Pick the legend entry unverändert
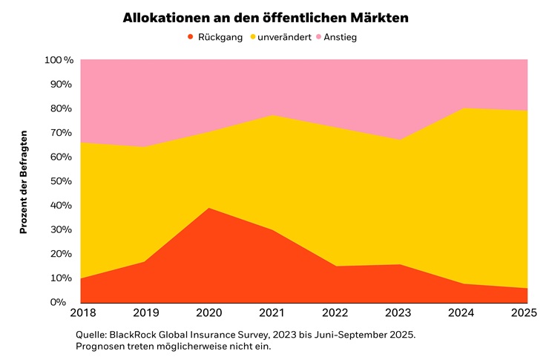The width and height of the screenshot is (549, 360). point(285,37)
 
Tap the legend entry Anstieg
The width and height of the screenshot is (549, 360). point(341,37)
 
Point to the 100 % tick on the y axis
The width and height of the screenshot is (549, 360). point(59,60)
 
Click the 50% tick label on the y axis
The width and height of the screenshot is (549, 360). point(61,181)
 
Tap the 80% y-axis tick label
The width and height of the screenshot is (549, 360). point(61,108)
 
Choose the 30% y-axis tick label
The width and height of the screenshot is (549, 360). point(61,229)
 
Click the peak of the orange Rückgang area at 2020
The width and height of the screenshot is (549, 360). point(208,208)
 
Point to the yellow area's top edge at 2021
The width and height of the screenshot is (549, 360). point(272,115)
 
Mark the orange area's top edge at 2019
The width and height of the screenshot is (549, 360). point(145,261)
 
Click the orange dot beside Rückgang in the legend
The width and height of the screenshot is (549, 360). point(191,37)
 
